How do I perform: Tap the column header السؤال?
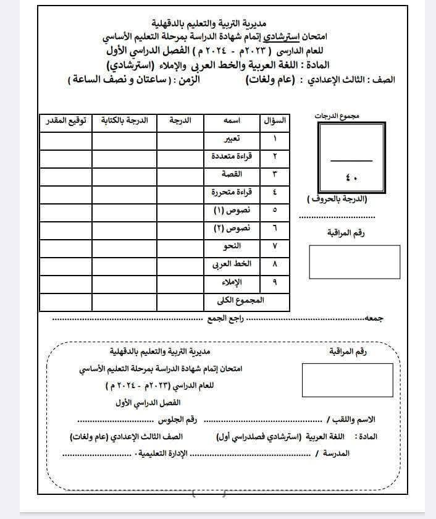click(x=274, y=121)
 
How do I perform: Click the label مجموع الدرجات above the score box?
click(x=350, y=116)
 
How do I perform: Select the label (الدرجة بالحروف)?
click(x=337, y=199)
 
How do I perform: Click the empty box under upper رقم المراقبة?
click(x=354, y=261)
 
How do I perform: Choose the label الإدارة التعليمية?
click(x=163, y=454)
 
